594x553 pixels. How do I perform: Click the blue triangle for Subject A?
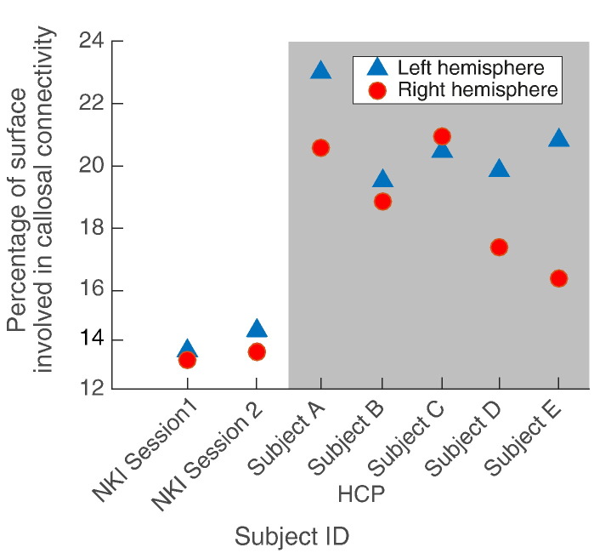(x=320, y=70)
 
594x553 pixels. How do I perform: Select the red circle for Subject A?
(x=320, y=148)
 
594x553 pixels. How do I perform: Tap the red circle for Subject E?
(x=558, y=279)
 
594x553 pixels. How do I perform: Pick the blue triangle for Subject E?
(x=558, y=138)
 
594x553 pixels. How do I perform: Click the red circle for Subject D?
(x=499, y=248)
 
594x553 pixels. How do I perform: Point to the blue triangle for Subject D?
(x=499, y=168)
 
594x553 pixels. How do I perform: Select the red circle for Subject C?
(x=442, y=136)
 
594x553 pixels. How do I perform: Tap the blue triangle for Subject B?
(x=382, y=179)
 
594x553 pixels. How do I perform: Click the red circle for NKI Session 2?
(x=257, y=352)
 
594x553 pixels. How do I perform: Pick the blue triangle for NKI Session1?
(x=187, y=348)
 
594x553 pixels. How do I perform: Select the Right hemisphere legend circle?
(x=377, y=90)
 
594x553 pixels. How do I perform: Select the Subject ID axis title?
(x=291, y=537)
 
